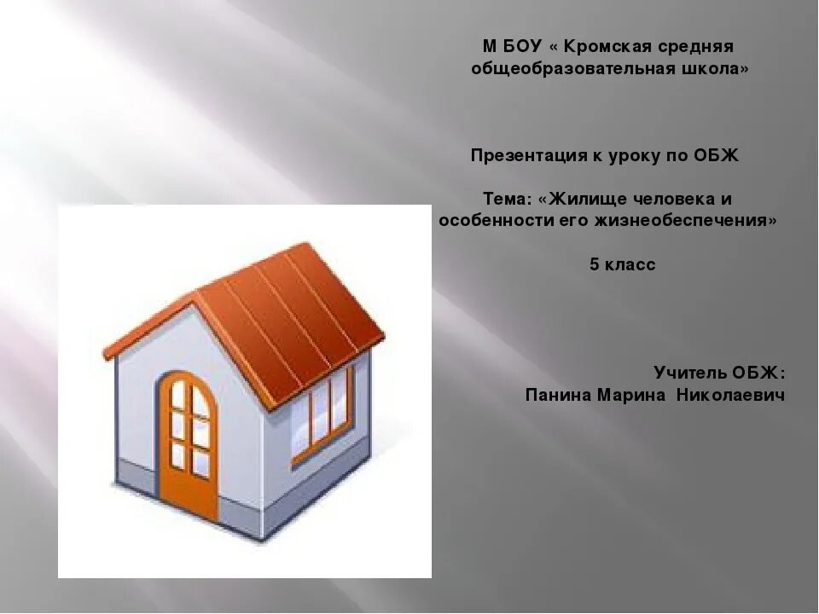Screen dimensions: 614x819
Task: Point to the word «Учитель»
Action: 689,373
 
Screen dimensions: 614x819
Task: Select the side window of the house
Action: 322,416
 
